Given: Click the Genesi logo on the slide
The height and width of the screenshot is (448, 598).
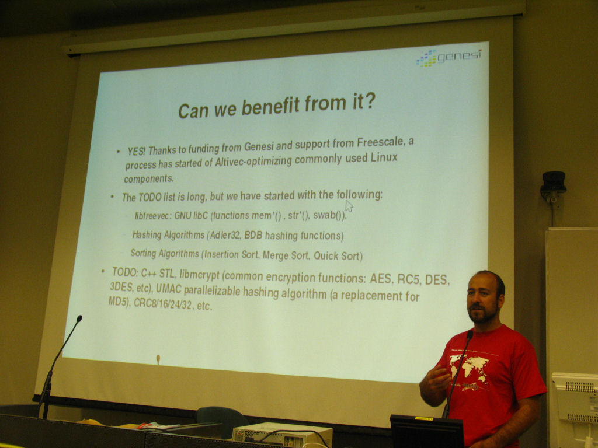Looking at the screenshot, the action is coord(448,58).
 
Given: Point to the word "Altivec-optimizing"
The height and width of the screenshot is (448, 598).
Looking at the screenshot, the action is coord(253,162).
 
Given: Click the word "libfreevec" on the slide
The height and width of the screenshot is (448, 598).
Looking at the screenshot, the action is coord(152,216).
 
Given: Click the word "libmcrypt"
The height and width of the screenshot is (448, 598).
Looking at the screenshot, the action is coord(200,274).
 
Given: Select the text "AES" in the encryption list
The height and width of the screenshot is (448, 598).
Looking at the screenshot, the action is coord(381,279).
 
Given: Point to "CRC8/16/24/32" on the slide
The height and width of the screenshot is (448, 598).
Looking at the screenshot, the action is coord(163,304).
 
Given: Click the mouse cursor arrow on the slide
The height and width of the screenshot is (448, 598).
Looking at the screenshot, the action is coord(349,206).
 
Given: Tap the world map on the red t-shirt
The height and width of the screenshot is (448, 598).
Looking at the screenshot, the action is coord(469,367).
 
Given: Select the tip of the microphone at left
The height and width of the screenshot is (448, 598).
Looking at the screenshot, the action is coord(79,318).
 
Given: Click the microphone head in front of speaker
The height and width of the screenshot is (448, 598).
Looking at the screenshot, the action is coord(470,334).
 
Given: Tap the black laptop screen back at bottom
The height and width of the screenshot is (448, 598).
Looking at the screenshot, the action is coord(427,432).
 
